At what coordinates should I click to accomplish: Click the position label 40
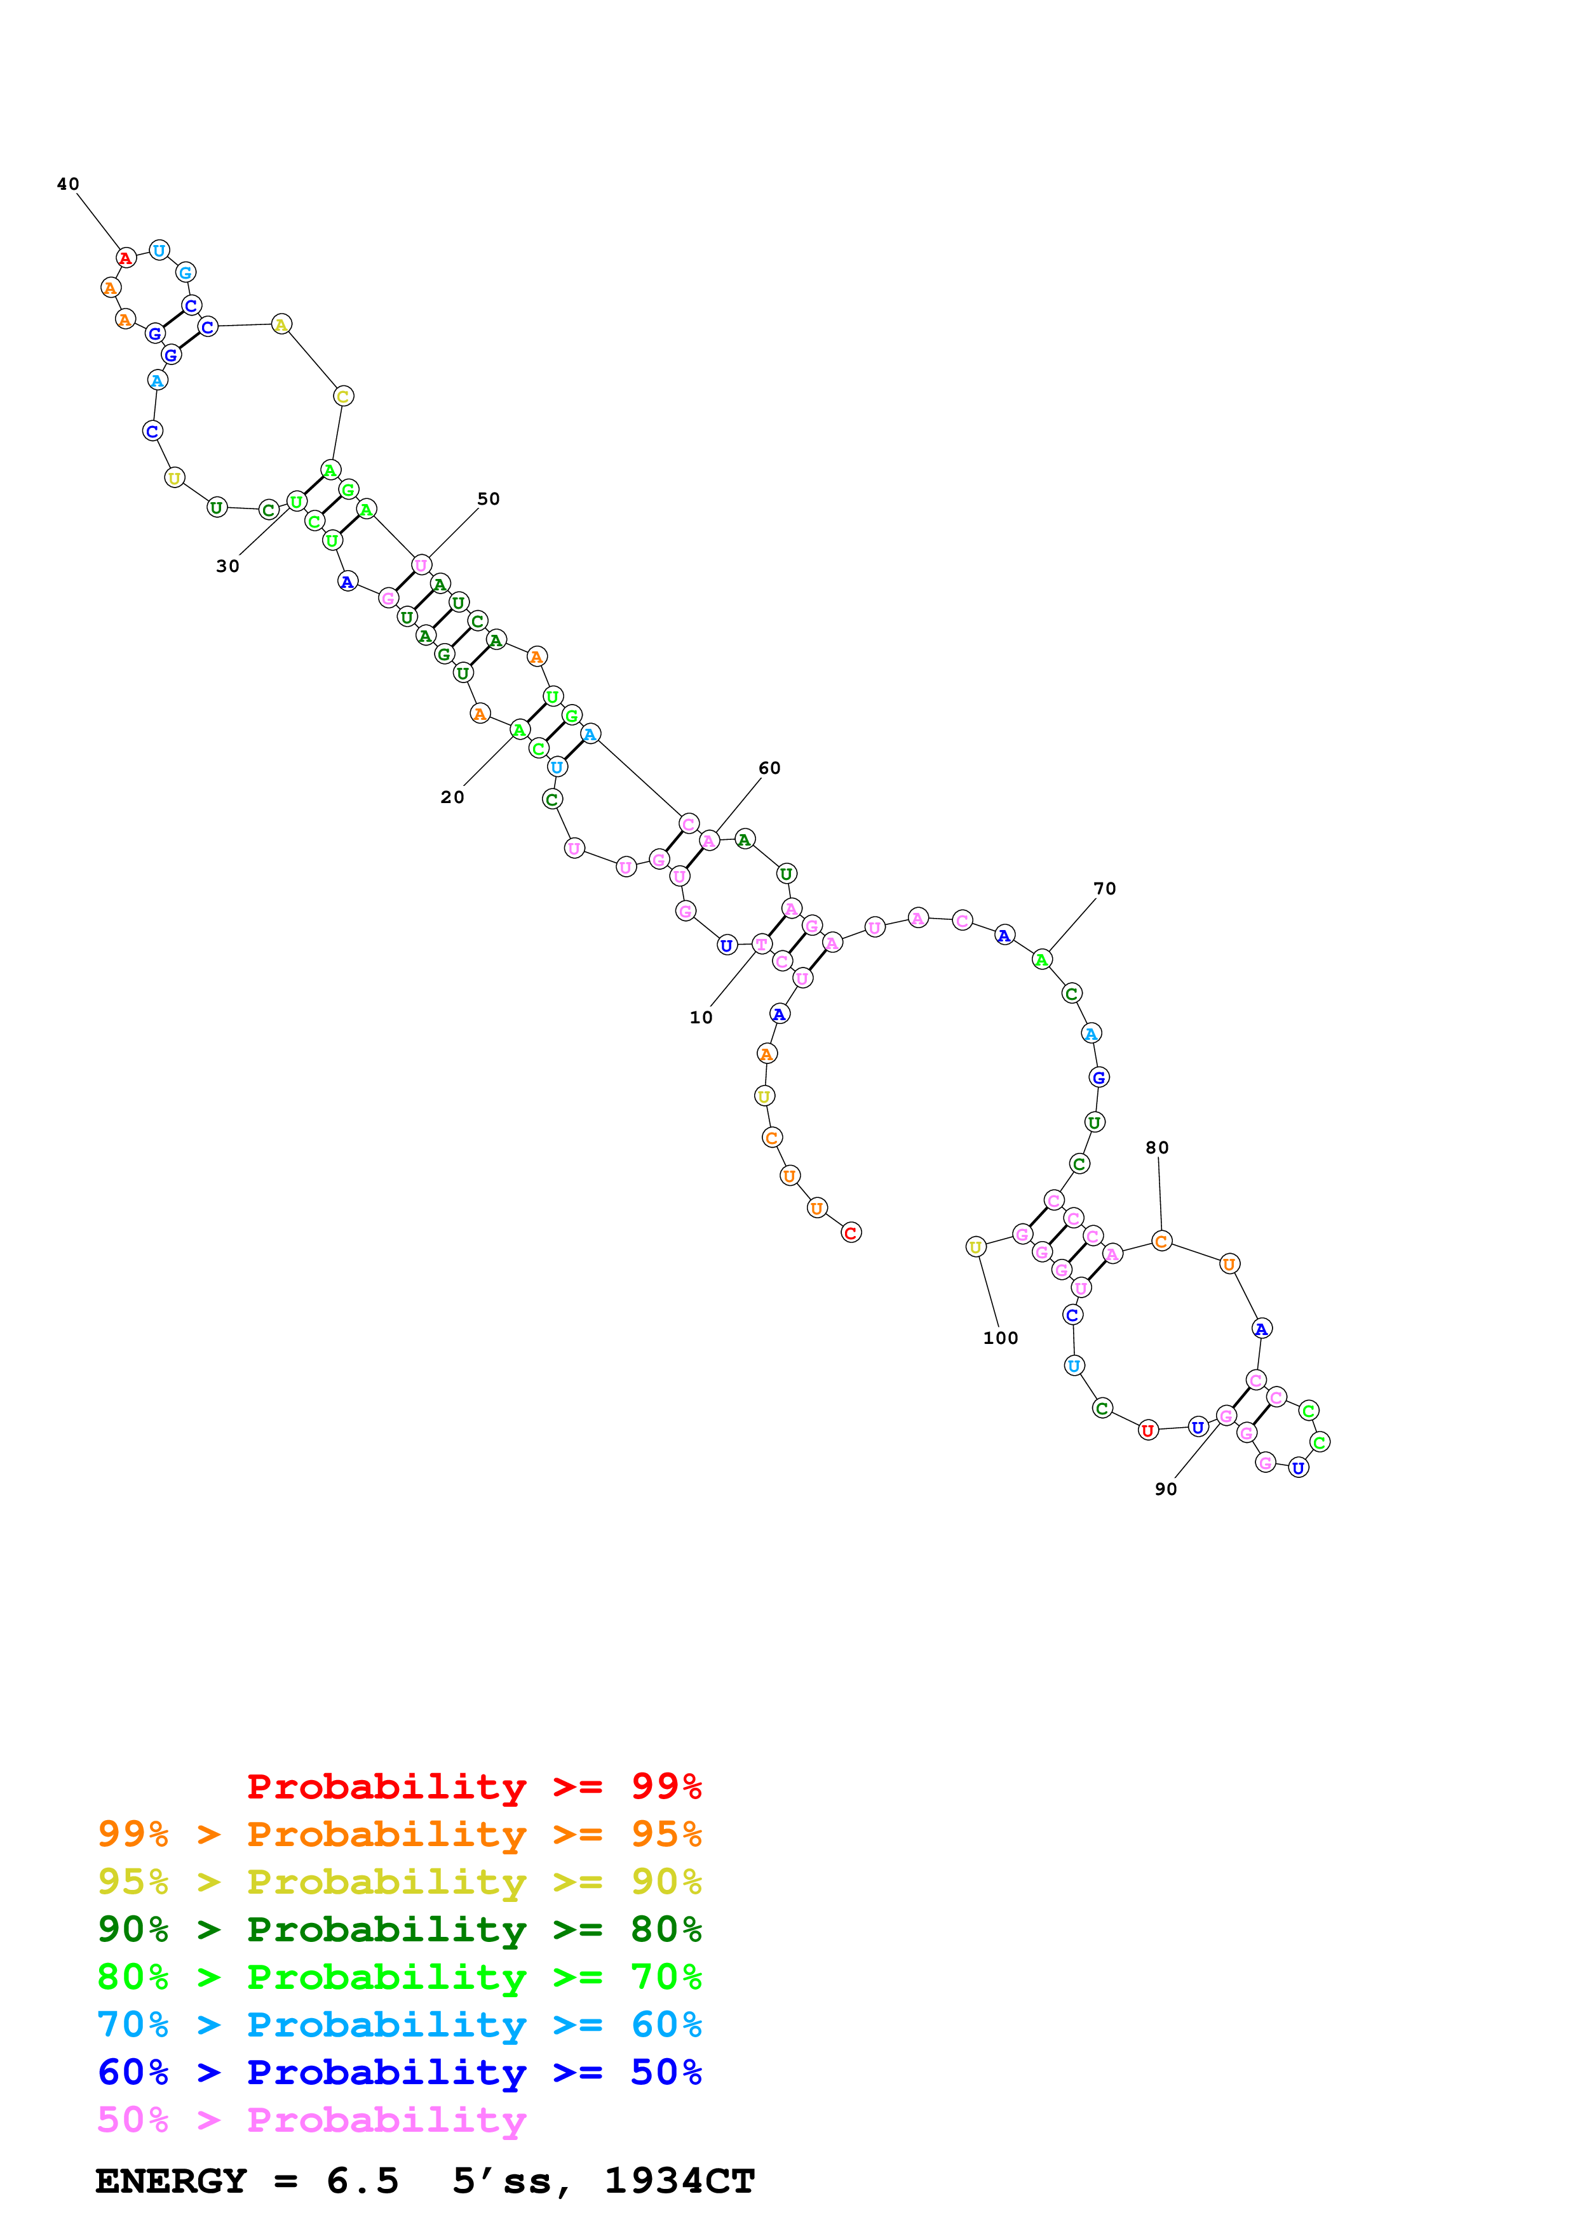[68, 184]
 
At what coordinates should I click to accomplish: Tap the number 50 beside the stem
[488, 498]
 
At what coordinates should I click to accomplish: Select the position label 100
[1001, 1338]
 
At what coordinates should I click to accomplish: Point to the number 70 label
[1104, 889]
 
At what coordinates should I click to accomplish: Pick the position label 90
[1165, 1489]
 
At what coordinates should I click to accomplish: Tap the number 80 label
[1157, 1147]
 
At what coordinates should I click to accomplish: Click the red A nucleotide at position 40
[125, 258]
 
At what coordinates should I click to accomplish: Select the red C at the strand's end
[851, 1233]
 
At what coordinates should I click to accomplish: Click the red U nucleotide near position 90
[1148, 1430]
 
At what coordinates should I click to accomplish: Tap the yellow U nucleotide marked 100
[977, 1246]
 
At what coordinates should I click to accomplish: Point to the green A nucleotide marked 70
[1042, 959]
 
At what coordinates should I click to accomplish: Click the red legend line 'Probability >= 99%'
[473, 1786]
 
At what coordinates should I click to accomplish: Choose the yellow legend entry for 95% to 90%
[399, 1881]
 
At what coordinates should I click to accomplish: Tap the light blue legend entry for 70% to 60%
[399, 2024]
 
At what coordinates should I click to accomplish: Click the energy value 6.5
[363, 2181]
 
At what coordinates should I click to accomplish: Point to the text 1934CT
[679, 2181]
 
